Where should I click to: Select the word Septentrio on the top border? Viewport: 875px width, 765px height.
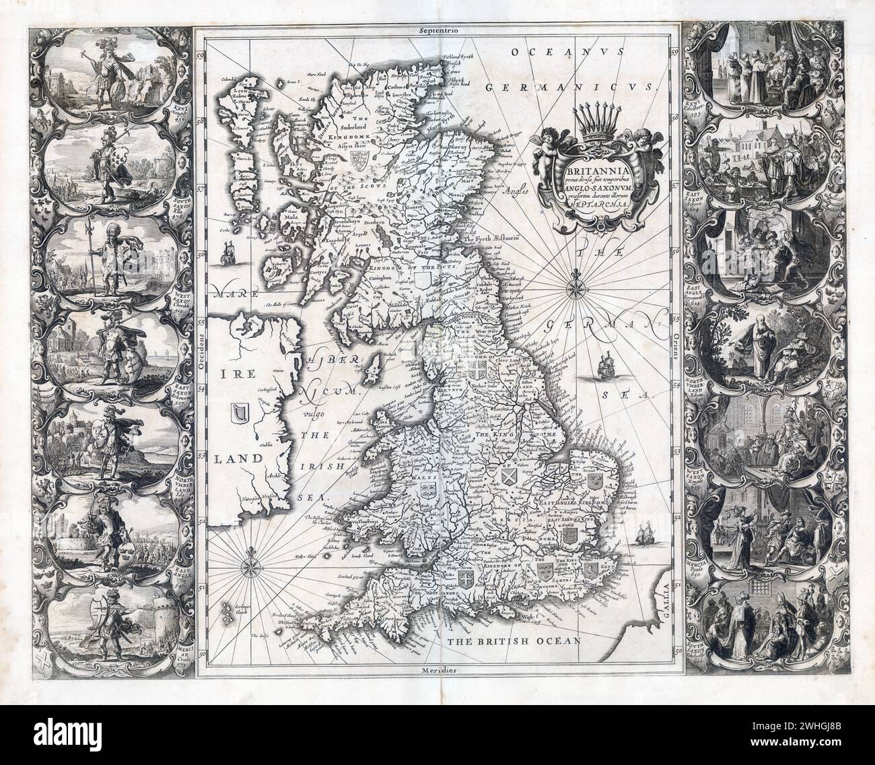tap(438, 30)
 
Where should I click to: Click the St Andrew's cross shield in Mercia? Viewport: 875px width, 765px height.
tap(510, 477)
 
